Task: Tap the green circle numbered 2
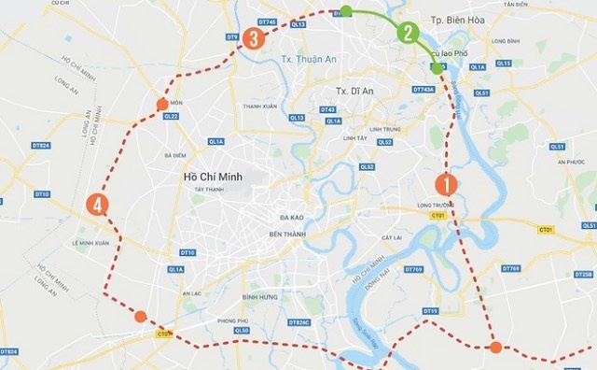408,33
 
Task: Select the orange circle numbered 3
254,39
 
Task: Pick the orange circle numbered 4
96,205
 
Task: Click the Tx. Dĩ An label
354,91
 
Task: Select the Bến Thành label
288,234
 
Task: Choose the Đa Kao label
292,216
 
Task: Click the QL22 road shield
170,117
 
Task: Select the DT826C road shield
298,322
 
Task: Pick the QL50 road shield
242,330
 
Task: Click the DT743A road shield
423,90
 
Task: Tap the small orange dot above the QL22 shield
162,103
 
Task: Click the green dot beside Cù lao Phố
437,68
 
